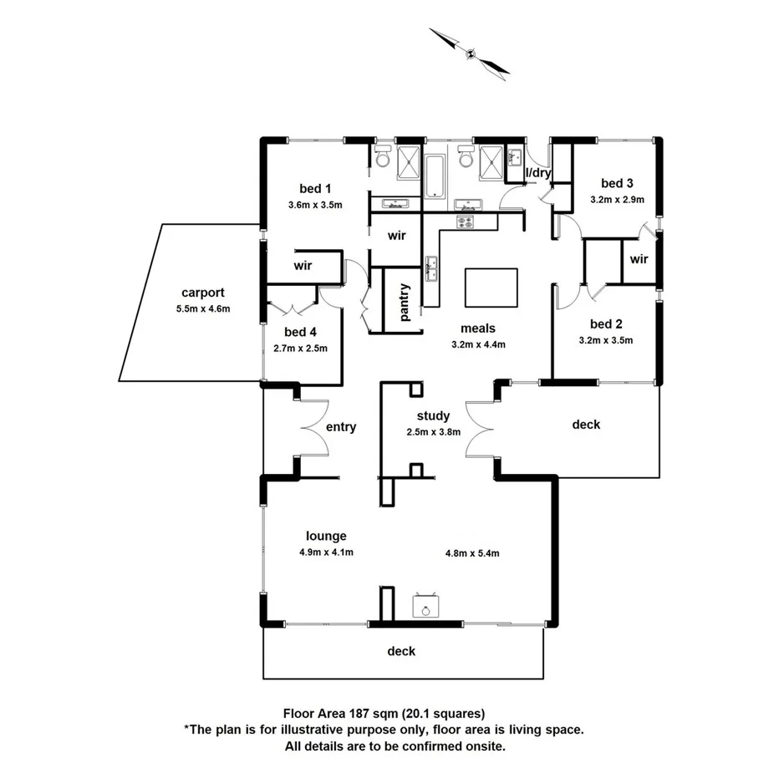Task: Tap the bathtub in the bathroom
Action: pos(435,176)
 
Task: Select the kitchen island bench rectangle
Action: pos(491,288)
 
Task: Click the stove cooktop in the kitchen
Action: pos(466,221)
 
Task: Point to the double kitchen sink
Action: pos(432,268)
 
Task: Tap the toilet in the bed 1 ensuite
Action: pos(383,157)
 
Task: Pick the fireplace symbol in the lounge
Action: pos(425,606)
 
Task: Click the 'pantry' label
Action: pos(405,301)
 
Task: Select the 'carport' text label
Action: pos(202,293)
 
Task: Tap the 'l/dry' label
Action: pos(537,173)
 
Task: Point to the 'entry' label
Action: pos(341,427)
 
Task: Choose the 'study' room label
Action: pos(433,415)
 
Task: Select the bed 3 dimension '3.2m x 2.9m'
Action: pos(617,200)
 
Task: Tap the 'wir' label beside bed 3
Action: pos(639,259)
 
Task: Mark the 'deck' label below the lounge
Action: pos(401,651)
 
